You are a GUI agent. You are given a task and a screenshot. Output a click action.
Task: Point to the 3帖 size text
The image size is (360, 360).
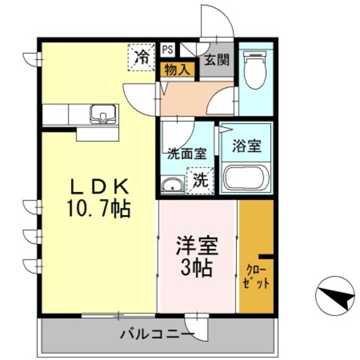pos(197,268)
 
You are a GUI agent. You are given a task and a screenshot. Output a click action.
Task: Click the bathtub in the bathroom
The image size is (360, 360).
pos(246,178)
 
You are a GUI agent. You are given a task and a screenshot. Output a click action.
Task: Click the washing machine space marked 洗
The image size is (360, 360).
pos(201,181)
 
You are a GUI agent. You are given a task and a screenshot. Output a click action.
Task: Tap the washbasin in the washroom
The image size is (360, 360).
pos(172,185)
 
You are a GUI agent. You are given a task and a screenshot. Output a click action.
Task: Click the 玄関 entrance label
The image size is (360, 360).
pos(217,60)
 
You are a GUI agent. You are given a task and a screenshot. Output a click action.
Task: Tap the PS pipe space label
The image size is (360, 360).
pos(168,49)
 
